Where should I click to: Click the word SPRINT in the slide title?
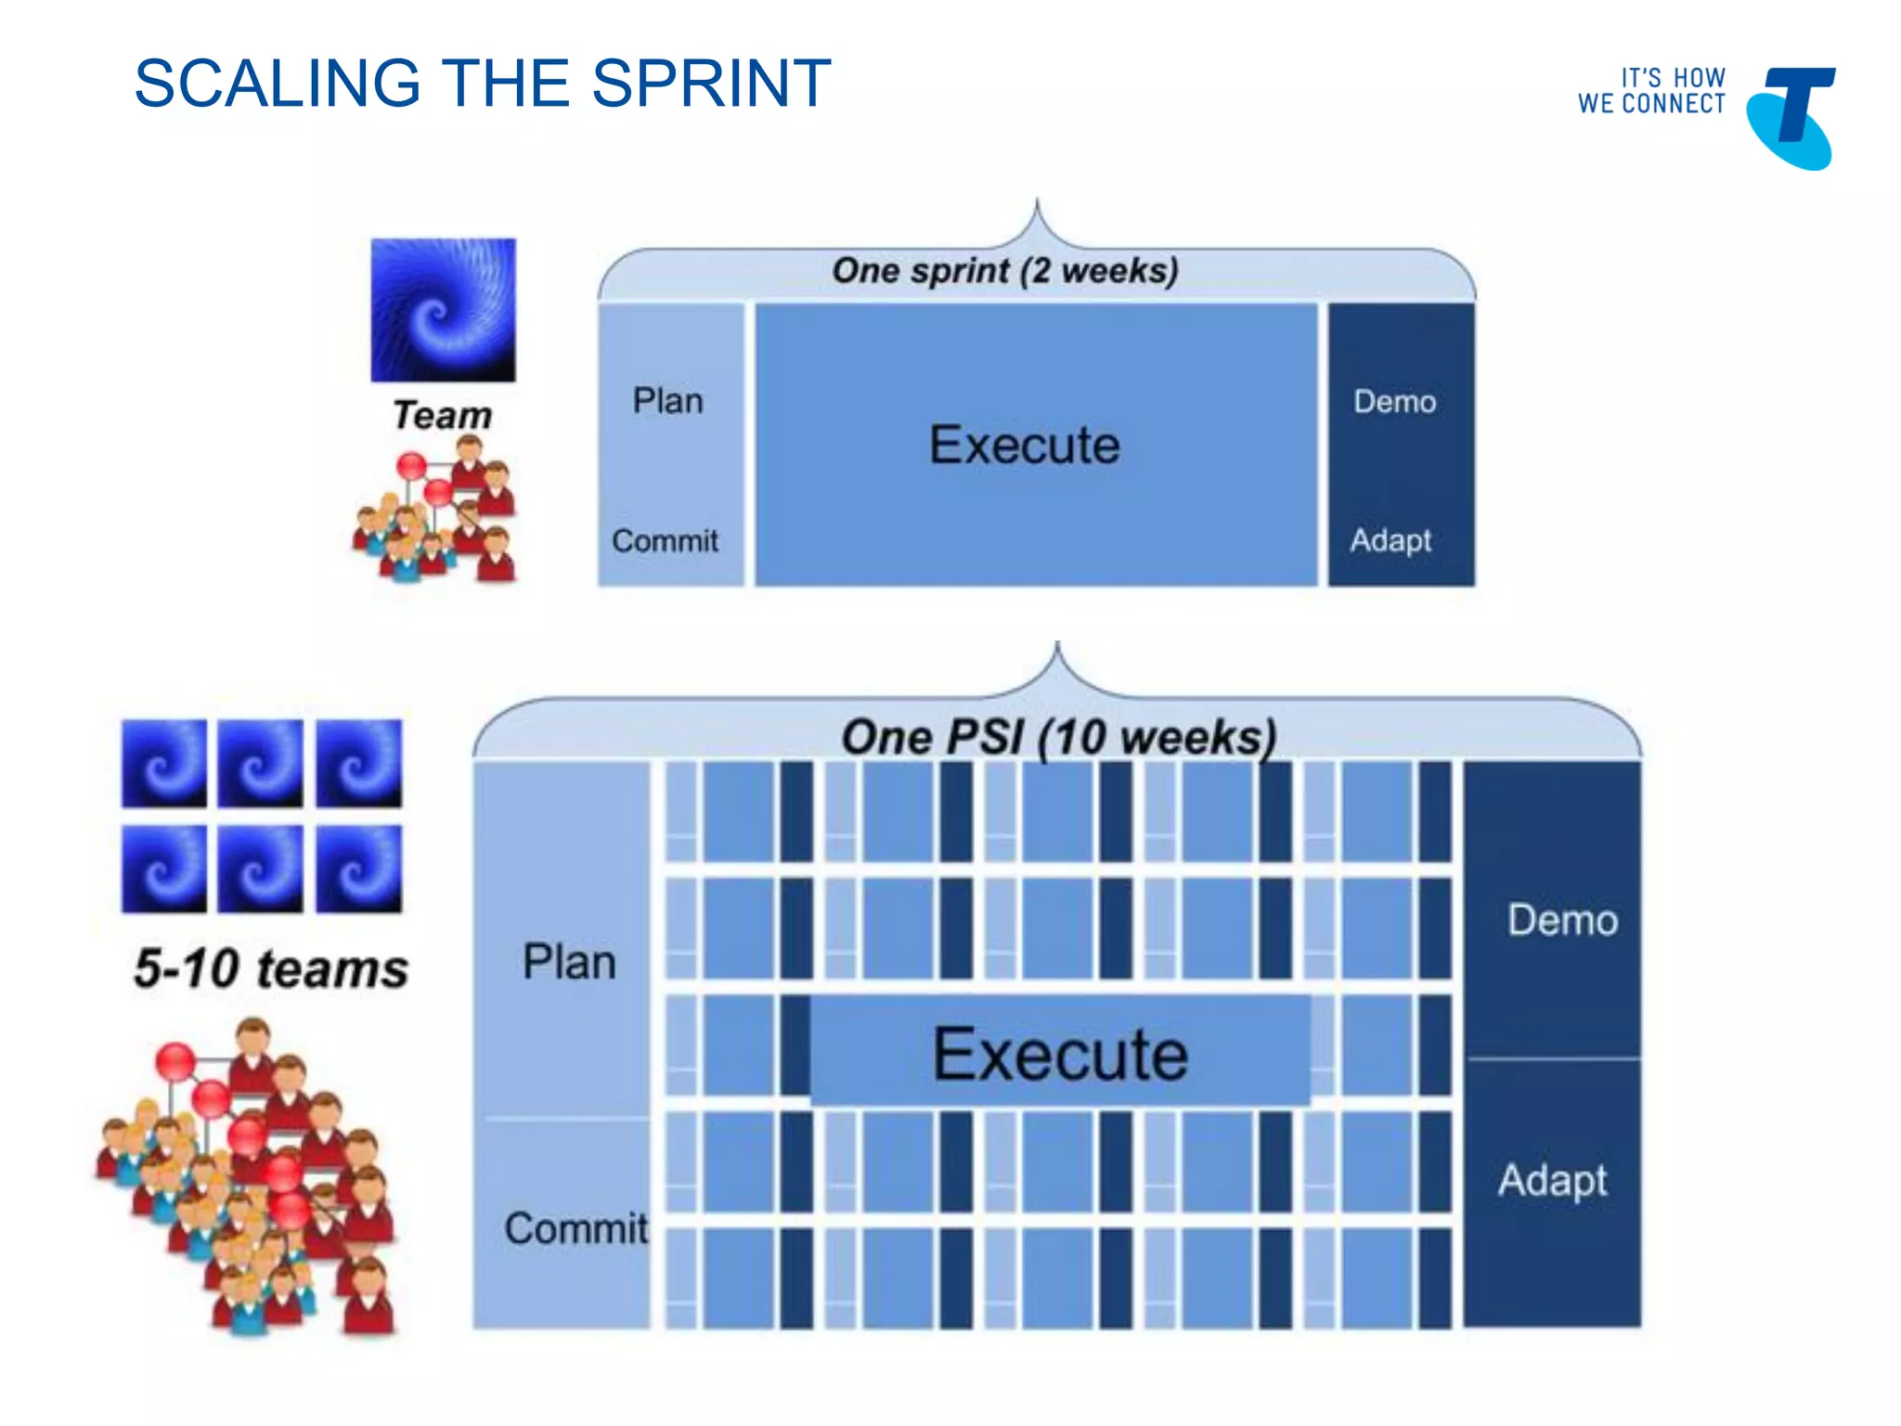coord(710,84)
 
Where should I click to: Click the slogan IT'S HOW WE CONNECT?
coord(1651,91)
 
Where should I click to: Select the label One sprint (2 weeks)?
coord(1004,271)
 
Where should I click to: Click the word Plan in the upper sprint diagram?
coord(667,401)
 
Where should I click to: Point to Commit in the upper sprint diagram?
coord(665,540)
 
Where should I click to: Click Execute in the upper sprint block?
coord(1025,445)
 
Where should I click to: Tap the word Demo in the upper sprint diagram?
coord(1394,401)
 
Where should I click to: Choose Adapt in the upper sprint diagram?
coord(1390,540)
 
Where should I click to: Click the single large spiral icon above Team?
coord(443,310)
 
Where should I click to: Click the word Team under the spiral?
coord(442,415)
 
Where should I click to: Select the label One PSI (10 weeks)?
coord(1058,738)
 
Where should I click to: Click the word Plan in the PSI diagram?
coord(569,962)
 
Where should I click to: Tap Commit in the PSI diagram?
coord(575,1228)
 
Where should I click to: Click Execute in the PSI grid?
coord(1060,1055)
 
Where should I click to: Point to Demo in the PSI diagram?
coord(1562,920)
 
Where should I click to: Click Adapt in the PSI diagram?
coord(1552,1181)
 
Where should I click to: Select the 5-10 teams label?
coord(271,968)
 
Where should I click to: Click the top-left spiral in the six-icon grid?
coord(164,763)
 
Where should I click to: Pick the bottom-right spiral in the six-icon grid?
coord(359,870)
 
